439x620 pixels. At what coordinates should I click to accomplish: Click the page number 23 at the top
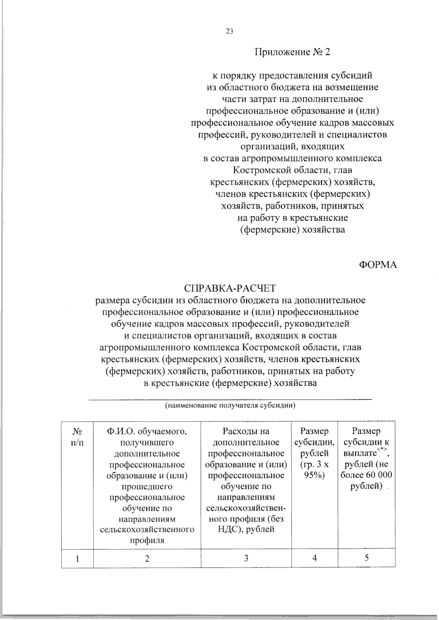point(229,31)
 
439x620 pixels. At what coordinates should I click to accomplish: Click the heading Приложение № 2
point(292,52)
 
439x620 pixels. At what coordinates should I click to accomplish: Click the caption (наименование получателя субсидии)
point(230,406)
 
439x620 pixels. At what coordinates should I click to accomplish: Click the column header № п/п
point(77,437)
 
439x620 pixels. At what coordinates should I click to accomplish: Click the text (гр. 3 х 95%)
point(314,470)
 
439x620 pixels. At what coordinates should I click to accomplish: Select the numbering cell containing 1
point(77,559)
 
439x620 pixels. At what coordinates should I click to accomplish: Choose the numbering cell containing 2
point(147,559)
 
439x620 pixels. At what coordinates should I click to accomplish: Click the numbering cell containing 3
point(246,559)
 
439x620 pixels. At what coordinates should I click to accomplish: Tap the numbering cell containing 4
point(315,558)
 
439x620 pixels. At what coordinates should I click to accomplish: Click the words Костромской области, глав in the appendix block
point(293,171)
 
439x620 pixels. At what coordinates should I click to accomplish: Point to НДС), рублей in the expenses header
point(246,530)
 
